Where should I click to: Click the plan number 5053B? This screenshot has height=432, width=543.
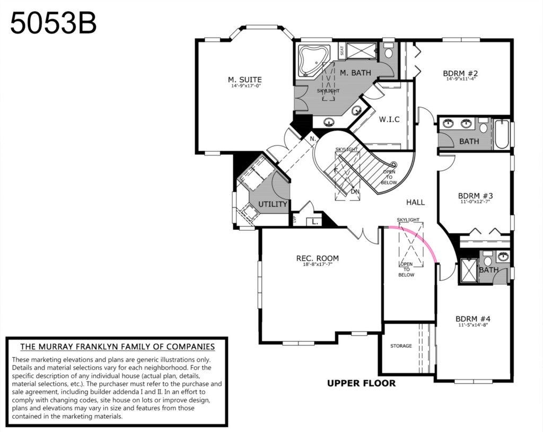pyautogui.click(x=54, y=23)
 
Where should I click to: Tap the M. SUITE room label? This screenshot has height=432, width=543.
pyautogui.click(x=245, y=80)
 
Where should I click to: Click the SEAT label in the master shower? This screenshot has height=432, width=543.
pyautogui.click(x=342, y=50)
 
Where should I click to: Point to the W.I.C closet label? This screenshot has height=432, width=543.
pyautogui.click(x=389, y=119)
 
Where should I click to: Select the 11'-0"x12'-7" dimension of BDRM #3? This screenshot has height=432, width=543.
pyautogui.click(x=475, y=201)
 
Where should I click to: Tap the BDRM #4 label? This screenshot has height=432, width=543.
pyautogui.click(x=473, y=318)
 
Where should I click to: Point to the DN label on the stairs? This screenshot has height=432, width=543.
pyautogui.click(x=355, y=192)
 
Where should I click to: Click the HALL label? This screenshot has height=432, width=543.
pyautogui.click(x=415, y=202)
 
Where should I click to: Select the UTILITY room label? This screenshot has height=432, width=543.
pyautogui.click(x=273, y=204)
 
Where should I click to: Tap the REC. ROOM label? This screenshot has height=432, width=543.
pyautogui.click(x=318, y=258)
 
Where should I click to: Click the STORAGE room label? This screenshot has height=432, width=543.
pyautogui.click(x=401, y=345)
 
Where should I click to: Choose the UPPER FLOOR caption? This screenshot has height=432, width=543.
pyautogui.click(x=361, y=383)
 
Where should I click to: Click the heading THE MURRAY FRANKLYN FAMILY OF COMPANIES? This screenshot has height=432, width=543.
pyautogui.click(x=117, y=347)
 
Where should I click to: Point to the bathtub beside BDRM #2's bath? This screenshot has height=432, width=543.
pyautogui.click(x=502, y=134)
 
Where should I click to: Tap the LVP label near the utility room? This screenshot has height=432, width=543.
pyautogui.click(x=295, y=219)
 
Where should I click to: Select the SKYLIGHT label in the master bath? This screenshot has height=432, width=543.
pyautogui.click(x=328, y=91)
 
